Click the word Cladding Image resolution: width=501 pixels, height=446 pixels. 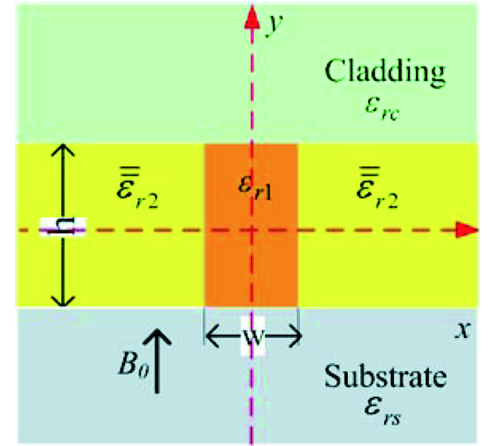point(385,73)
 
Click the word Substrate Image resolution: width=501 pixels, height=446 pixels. point(385,376)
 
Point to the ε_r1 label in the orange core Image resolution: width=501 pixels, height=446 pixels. point(256,189)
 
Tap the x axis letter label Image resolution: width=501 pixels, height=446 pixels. point(463,330)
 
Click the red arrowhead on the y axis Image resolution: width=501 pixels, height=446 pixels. point(252,18)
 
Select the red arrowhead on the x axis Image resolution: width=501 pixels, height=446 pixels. point(467,230)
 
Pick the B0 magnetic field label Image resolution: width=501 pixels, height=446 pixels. point(133,365)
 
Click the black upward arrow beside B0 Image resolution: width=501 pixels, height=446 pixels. point(157,361)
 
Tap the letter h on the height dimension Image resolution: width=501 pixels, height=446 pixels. point(62,227)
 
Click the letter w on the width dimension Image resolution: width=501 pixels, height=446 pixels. point(253,336)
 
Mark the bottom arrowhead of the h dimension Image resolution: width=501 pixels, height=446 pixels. point(63,300)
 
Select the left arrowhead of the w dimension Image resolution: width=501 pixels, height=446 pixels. point(212,336)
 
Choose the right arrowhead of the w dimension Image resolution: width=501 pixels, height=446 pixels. point(295,336)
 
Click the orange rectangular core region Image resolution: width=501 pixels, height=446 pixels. point(251,225)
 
